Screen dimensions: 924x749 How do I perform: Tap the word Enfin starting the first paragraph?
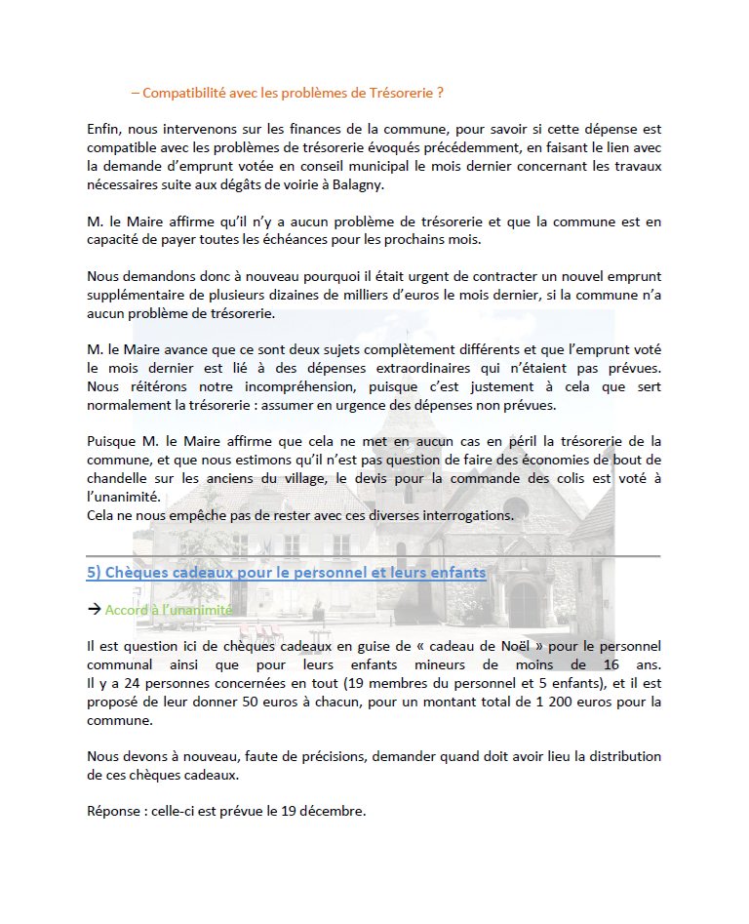pos(102,128)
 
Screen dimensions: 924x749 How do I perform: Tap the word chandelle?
pos(120,478)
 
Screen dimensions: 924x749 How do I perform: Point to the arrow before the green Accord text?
pos(95,610)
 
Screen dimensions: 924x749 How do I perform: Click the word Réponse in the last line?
pos(114,811)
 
